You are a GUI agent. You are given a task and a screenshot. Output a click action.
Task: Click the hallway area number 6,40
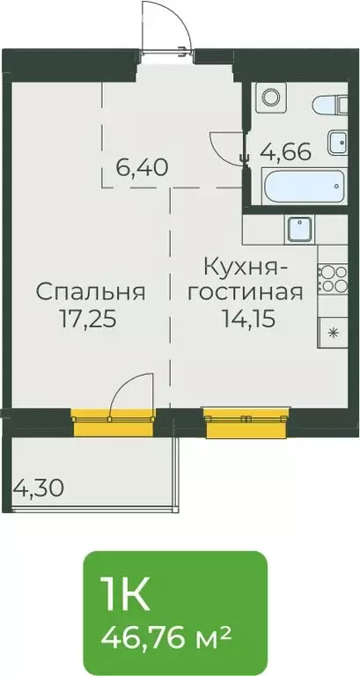[143, 165]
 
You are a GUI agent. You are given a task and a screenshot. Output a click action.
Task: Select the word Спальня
[91, 290]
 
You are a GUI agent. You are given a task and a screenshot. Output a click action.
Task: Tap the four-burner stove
[332, 279]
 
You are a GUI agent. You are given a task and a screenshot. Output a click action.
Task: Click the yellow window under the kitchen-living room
[246, 423]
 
